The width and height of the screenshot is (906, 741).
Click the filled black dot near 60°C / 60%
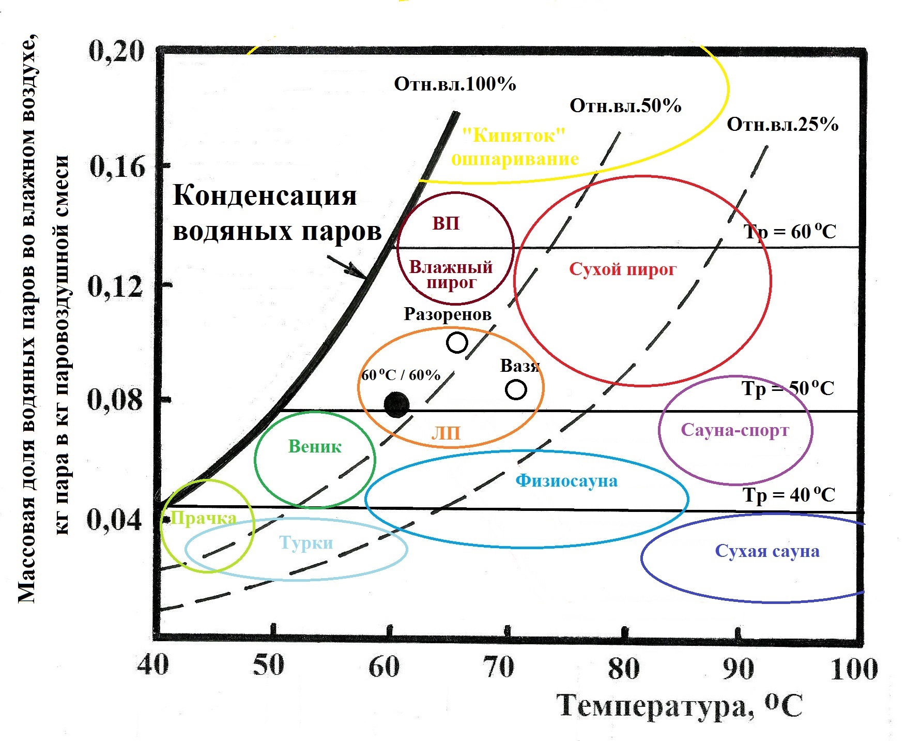pos(396,404)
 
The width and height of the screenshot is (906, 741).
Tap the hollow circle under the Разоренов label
pos(457,342)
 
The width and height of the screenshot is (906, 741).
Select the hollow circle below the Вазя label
pos(516,389)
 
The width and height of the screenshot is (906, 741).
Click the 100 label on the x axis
pos(854,668)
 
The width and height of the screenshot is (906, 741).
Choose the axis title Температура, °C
pos(680,705)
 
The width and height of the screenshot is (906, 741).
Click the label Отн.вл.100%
pos(455,84)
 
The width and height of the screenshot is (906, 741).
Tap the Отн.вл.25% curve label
pos(782,124)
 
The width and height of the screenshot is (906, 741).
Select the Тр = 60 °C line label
pos(790,232)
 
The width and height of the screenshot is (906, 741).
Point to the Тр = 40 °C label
pos(789,495)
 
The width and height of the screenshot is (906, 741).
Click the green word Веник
pos(315,446)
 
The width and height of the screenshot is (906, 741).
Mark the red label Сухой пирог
pos(622,269)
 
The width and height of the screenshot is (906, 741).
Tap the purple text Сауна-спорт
pos(734,430)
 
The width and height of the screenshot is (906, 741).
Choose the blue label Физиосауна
pos(566,480)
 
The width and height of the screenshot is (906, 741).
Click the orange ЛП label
pos(446,433)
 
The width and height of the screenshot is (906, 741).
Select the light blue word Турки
pos(306,542)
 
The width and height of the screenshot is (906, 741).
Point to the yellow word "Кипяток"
pos(513,135)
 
